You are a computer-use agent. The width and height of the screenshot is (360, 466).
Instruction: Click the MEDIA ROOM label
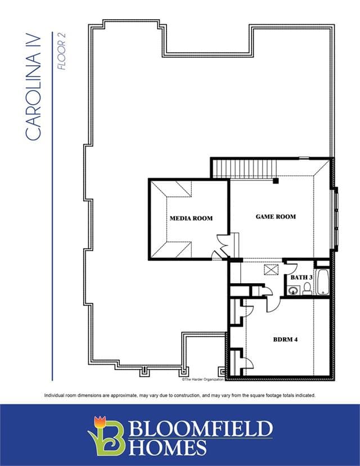point(191,218)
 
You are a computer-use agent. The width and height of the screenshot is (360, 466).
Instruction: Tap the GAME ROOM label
point(276,217)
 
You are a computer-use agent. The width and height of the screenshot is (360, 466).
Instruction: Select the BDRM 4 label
point(285,339)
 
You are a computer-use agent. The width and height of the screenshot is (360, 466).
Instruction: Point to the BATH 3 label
point(301,277)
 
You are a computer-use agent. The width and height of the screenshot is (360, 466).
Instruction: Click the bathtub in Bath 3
point(322,281)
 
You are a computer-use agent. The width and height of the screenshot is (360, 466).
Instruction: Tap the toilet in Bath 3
point(307,289)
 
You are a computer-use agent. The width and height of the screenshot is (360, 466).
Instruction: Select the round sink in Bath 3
point(292,290)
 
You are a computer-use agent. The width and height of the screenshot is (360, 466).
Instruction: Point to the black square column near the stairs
point(276,181)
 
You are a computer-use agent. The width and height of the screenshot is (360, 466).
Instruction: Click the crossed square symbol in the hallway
point(270,270)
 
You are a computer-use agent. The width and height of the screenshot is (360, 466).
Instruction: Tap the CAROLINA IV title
point(33,87)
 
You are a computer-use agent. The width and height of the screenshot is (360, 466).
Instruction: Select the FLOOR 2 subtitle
point(61,51)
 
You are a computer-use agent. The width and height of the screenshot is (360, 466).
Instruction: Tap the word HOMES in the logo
point(167,447)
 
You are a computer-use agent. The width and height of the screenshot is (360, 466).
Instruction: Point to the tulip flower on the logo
point(100,422)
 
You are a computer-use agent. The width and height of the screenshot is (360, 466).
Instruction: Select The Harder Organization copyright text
point(202,379)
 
